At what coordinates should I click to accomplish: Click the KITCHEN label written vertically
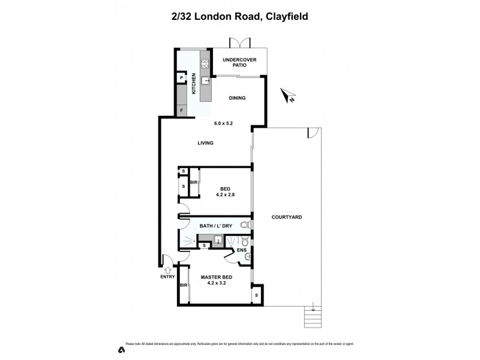pyautogui.click(x=194, y=84)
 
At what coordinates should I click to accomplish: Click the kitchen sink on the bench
pyautogui.click(x=205, y=80)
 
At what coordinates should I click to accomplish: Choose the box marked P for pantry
pyautogui.click(x=181, y=78)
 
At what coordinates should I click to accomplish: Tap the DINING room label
pyautogui.click(x=237, y=98)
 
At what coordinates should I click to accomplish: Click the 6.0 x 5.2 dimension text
pyautogui.click(x=223, y=123)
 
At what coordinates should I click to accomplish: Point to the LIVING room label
pyautogui.click(x=205, y=143)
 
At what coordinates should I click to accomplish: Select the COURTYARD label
pyautogui.click(x=286, y=217)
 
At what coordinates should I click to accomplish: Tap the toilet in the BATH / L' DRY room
pyautogui.click(x=244, y=226)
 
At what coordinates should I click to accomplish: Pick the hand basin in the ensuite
pyautogui.click(x=248, y=258)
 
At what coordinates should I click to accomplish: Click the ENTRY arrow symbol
pyautogui.click(x=167, y=270)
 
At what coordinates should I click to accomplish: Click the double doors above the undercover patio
pyautogui.click(x=238, y=43)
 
